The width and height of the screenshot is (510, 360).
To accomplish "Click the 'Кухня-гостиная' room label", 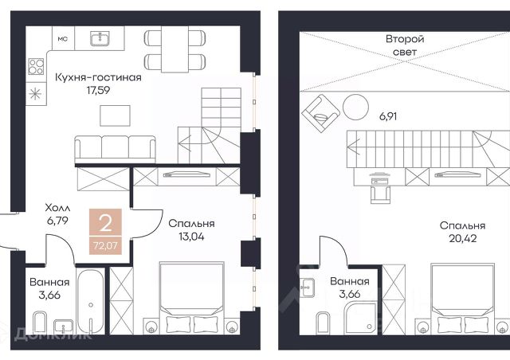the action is click(x=98, y=77).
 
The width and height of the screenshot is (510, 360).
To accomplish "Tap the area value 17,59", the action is click(x=98, y=90).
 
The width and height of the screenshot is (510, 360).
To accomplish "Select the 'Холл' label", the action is click(x=57, y=208).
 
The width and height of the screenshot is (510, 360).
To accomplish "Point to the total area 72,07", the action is click(x=105, y=245).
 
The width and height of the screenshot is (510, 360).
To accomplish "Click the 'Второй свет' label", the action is click(x=405, y=45).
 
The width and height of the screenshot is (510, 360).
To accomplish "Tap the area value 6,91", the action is click(x=388, y=116).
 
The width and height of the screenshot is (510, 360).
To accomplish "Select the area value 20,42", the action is click(x=463, y=238).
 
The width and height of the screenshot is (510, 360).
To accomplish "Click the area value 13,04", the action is click(x=191, y=237).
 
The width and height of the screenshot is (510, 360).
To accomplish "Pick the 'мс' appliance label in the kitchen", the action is click(x=63, y=39).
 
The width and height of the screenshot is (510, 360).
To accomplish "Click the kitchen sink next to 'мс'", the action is click(x=101, y=38).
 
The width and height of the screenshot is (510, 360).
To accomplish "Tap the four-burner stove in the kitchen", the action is click(x=36, y=66).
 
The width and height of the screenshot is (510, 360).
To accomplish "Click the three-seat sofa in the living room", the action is click(x=115, y=149).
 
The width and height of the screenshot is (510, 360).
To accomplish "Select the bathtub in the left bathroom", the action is click(x=91, y=301).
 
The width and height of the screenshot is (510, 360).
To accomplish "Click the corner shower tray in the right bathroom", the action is click(x=361, y=318).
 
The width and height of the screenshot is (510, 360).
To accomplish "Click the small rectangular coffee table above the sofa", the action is click(x=115, y=115).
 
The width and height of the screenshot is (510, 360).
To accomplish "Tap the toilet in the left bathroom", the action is click(x=41, y=323).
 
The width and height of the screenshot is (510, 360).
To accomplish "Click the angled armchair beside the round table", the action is click(x=320, y=113).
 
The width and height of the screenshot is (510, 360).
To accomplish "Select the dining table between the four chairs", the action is click(x=175, y=49).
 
